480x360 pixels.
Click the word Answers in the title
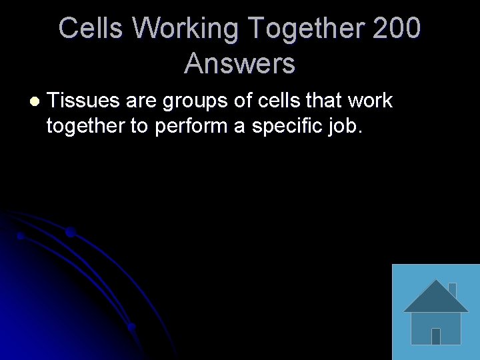239,63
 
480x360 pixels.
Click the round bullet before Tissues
35,101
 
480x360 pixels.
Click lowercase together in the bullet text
85,125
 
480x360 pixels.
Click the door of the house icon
435,335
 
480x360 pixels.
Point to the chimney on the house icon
452,290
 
